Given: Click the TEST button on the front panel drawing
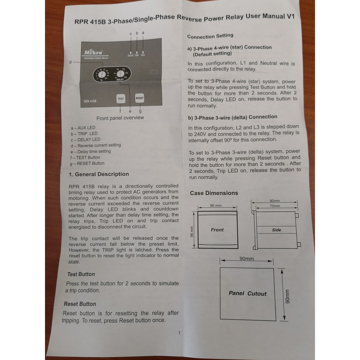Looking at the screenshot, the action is pyautogui.click(x=121, y=99).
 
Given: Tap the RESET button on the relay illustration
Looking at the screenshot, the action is pyautogui.click(x=140, y=98).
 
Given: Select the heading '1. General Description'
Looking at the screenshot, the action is pyautogui.click(x=99, y=174).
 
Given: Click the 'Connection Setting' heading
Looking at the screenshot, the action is pyautogui.click(x=210, y=36).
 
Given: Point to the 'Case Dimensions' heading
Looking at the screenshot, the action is pyautogui.click(x=214, y=193).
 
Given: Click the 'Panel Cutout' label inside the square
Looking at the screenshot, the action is pyautogui.click(x=247, y=294).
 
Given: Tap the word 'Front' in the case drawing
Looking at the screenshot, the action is pyautogui.click(x=217, y=230).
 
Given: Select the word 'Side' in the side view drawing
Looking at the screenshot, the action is pyautogui.click(x=276, y=230).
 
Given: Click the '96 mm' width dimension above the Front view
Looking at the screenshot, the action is pyautogui.click(x=216, y=205).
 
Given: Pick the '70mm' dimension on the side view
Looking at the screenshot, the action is pyautogui.click(x=275, y=206).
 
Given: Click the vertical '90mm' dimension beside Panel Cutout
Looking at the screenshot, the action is pyautogui.click(x=288, y=296).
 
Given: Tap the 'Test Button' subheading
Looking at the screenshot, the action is pyautogui.click(x=81, y=274).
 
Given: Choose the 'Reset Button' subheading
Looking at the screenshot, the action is pyautogui.click(x=80, y=304).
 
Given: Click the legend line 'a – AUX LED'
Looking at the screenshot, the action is pyautogui.click(x=83, y=128).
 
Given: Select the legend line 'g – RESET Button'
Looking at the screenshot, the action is pyautogui.click(x=88, y=163).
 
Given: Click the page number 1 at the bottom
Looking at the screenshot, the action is pyautogui.click(x=179, y=333).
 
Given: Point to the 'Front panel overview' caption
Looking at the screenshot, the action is pyautogui.click(x=120, y=118).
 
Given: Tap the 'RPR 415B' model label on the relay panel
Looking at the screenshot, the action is pyautogui.click(x=90, y=102).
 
